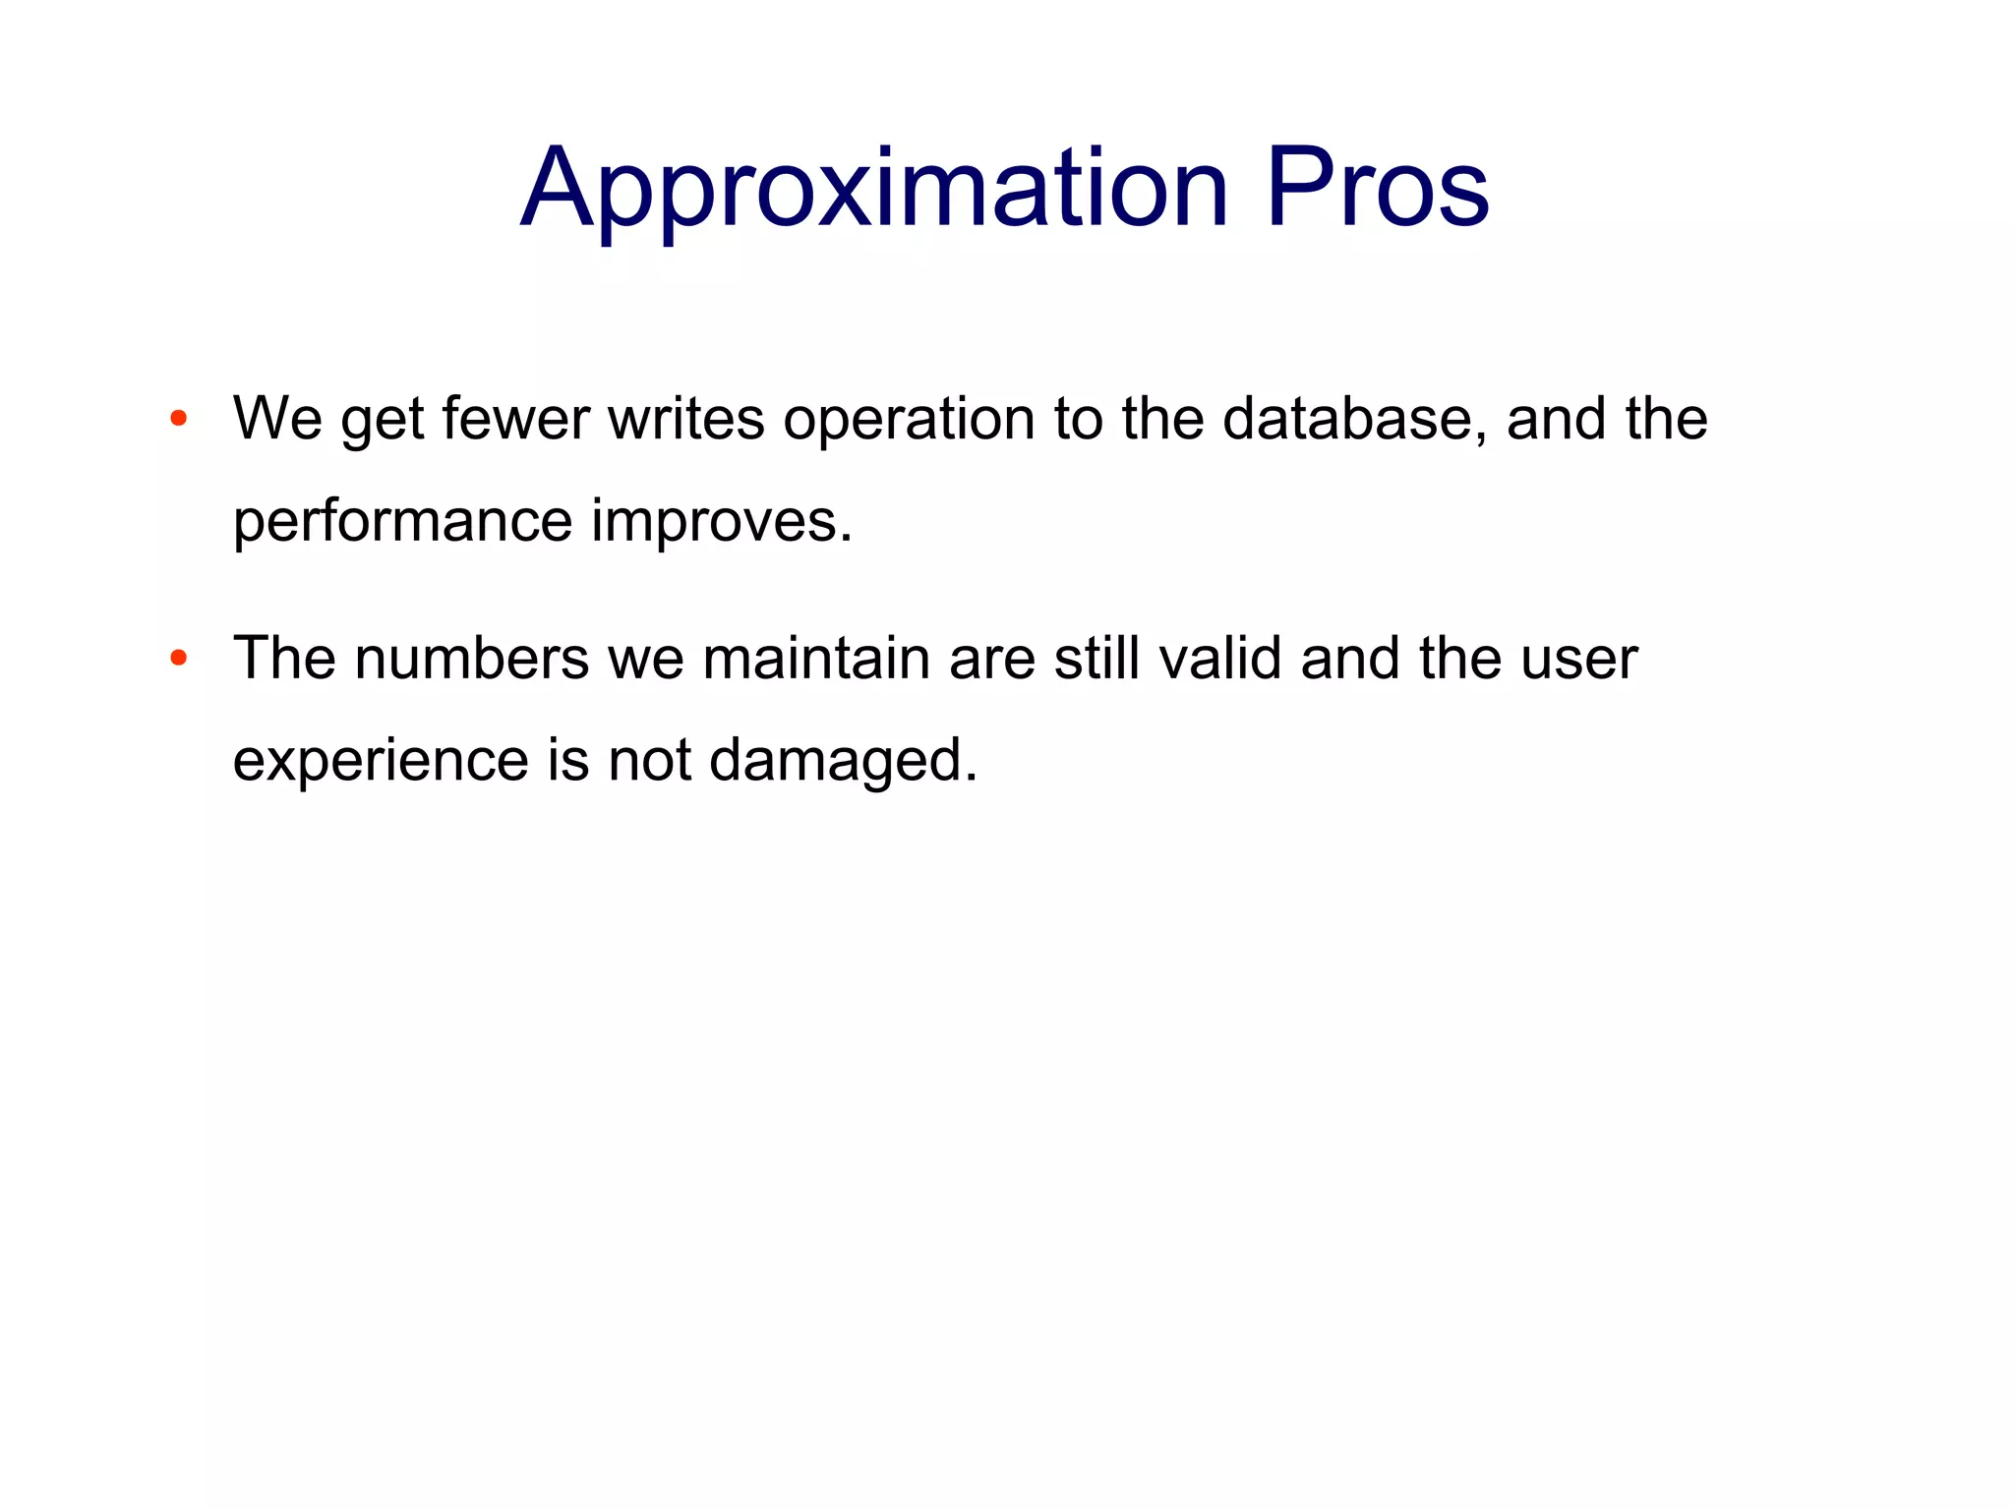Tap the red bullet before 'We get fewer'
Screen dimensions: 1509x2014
(x=178, y=419)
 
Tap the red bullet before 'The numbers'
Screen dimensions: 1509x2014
(x=178, y=658)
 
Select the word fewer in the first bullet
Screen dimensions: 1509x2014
(x=515, y=419)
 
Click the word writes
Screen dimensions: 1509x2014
(x=685, y=419)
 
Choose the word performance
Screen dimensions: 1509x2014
(x=402, y=522)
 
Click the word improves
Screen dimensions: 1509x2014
(x=721, y=522)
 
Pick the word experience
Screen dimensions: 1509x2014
(x=381, y=762)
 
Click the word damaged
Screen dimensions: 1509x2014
(x=843, y=762)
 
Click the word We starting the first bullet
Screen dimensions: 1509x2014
(x=277, y=419)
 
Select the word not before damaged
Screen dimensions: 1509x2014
(x=649, y=761)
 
